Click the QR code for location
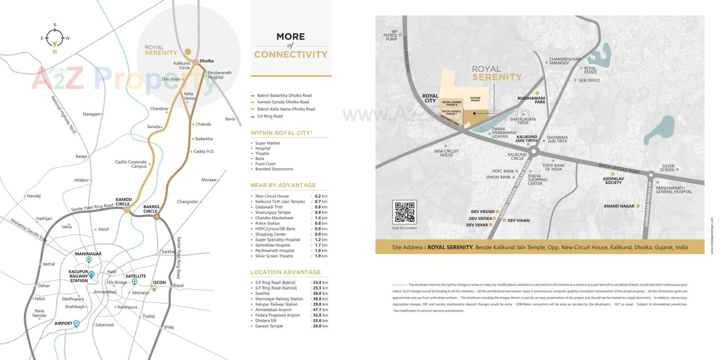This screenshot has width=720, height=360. click(x=404, y=212)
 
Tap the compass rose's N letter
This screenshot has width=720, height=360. click(x=55, y=52)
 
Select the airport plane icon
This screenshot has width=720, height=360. click(x=76, y=324)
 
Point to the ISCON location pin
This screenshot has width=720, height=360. click(x=154, y=288)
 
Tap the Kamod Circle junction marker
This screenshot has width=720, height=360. click(x=127, y=210)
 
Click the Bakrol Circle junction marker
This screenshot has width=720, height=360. click(x=157, y=216)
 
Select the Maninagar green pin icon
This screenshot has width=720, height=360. click(x=89, y=260)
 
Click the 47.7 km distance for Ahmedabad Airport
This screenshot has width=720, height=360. click(x=320, y=310)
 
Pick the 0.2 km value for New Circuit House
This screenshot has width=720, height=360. click(x=321, y=196)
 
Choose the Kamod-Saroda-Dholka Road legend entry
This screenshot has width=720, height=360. click(x=283, y=102)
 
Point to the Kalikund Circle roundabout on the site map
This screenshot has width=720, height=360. click(x=534, y=151)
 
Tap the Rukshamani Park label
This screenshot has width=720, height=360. click(x=531, y=100)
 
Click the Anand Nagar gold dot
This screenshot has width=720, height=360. click(x=637, y=206)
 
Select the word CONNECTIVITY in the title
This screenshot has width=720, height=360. click(x=291, y=55)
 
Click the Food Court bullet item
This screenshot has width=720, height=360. click(x=265, y=164)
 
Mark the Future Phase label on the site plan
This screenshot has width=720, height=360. click(x=475, y=99)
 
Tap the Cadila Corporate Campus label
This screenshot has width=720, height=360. click(x=131, y=164)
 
